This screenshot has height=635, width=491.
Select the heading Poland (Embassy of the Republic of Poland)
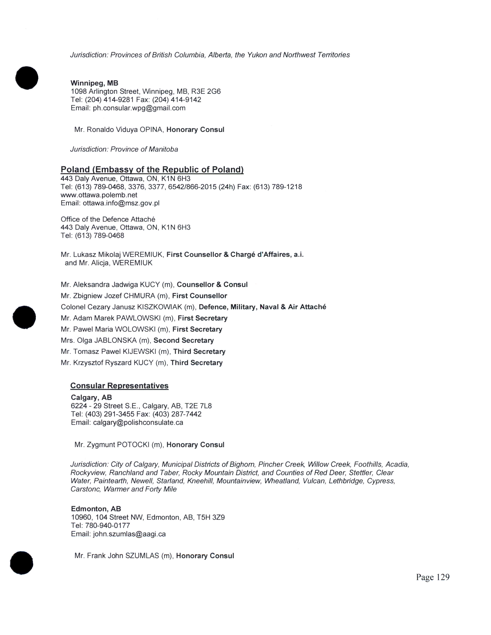click(x=152, y=170)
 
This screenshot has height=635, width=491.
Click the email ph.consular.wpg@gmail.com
click(x=139, y=108)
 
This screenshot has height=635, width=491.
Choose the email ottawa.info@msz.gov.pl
click(x=121, y=203)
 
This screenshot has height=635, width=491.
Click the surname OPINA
click(x=151, y=130)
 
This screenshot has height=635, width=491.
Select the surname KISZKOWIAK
click(x=159, y=307)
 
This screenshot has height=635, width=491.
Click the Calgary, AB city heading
click(x=91, y=398)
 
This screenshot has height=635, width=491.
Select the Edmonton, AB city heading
click(x=96, y=509)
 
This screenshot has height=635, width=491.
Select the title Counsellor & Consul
click(x=212, y=285)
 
